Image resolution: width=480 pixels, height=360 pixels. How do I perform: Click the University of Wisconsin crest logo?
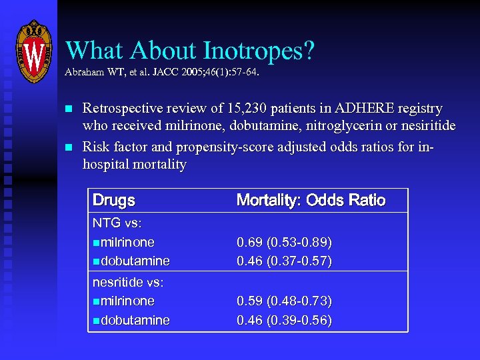click(x=33, y=51)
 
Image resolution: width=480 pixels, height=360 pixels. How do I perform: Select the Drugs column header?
click(x=113, y=200)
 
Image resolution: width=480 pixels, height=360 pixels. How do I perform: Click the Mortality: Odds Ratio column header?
click(x=311, y=200)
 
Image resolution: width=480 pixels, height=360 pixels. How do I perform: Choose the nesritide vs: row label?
click(x=128, y=282)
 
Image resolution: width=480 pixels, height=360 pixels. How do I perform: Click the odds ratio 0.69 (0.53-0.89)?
click(x=285, y=242)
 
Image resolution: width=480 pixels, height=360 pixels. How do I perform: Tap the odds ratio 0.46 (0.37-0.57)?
click(x=285, y=261)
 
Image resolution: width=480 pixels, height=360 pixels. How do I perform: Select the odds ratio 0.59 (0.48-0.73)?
click(x=285, y=301)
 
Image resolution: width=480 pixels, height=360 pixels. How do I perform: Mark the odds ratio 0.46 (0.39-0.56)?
click(x=285, y=320)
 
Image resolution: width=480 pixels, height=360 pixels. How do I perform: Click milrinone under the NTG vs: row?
click(x=127, y=242)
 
